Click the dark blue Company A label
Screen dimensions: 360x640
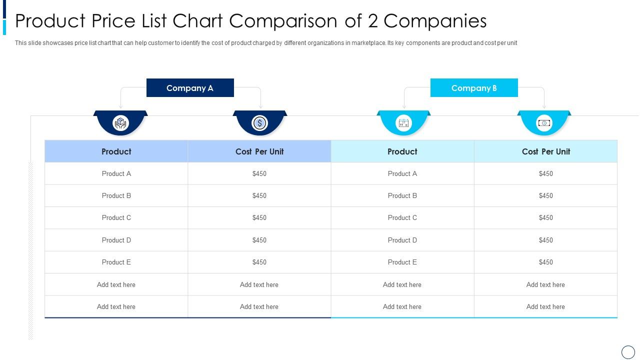(x=190, y=88)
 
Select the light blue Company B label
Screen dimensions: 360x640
(x=474, y=88)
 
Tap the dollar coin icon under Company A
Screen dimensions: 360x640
(x=259, y=123)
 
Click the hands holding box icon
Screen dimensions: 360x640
(x=120, y=123)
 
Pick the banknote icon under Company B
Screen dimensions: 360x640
(x=544, y=123)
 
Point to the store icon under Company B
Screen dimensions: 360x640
(x=403, y=123)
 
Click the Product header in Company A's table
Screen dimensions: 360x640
(x=116, y=151)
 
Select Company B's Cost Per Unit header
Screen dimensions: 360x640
(x=546, y=151)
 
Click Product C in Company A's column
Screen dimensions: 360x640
(x=116, y=217)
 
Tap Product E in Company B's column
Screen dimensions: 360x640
(x=402, y=262)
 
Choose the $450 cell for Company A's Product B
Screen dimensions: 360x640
(x=259, y=195)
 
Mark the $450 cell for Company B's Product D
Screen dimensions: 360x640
(x=546, y=240)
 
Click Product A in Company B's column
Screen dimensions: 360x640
(x=402, y=173)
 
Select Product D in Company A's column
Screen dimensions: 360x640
(x=116, y=240)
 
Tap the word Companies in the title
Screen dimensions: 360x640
(x=435, y=21)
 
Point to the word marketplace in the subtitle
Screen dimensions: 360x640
(x=368, y=43)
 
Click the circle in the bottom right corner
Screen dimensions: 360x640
(x=628, y=352)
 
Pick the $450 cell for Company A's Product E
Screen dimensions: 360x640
(x=259, y=262)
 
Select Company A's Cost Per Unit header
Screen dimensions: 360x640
(x=259, y=151)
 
